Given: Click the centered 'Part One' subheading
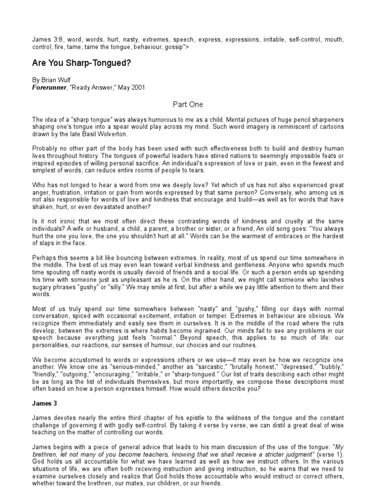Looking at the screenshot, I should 188,104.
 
